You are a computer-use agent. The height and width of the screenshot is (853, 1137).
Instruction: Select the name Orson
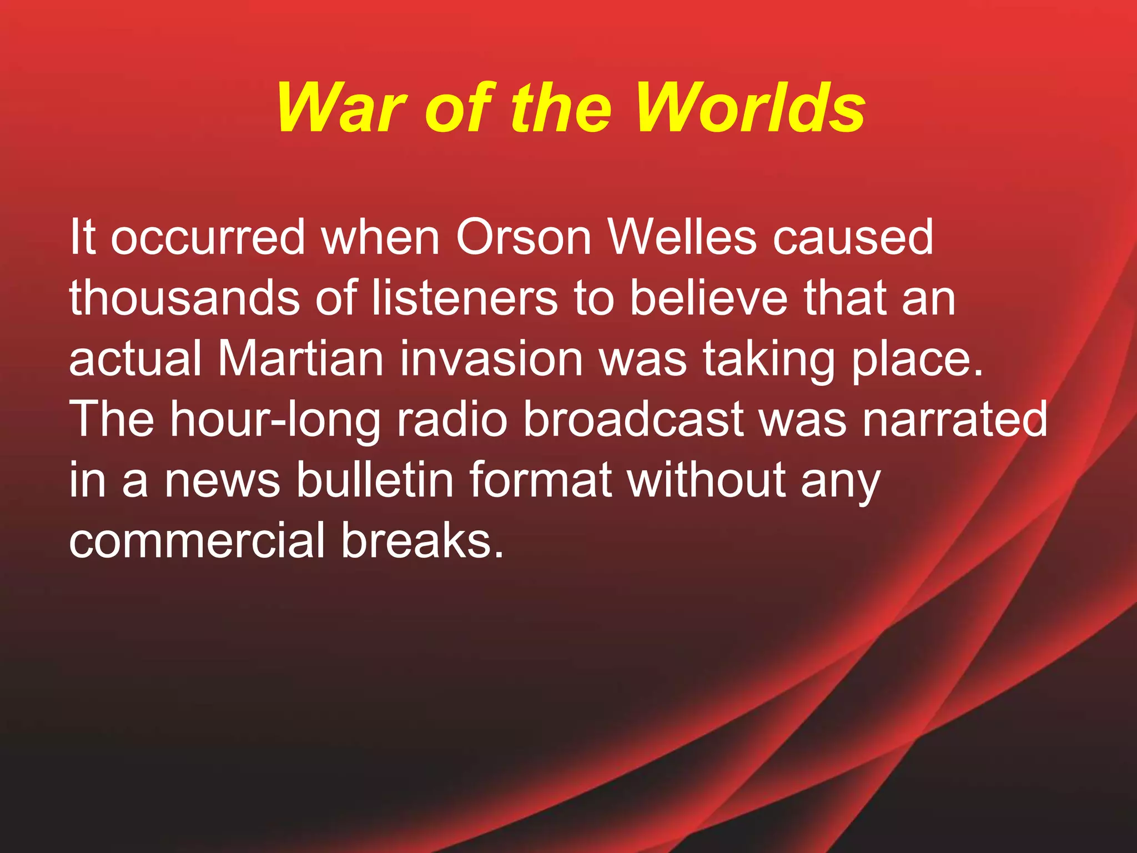coord(524,237)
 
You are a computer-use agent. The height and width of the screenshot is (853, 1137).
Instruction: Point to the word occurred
coord(208,237)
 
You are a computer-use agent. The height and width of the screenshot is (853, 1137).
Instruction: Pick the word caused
coord(853,237)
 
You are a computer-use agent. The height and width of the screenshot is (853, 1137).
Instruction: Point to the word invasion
coord(491,359)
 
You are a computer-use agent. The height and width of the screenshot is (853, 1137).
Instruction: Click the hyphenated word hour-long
coord(275,420)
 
